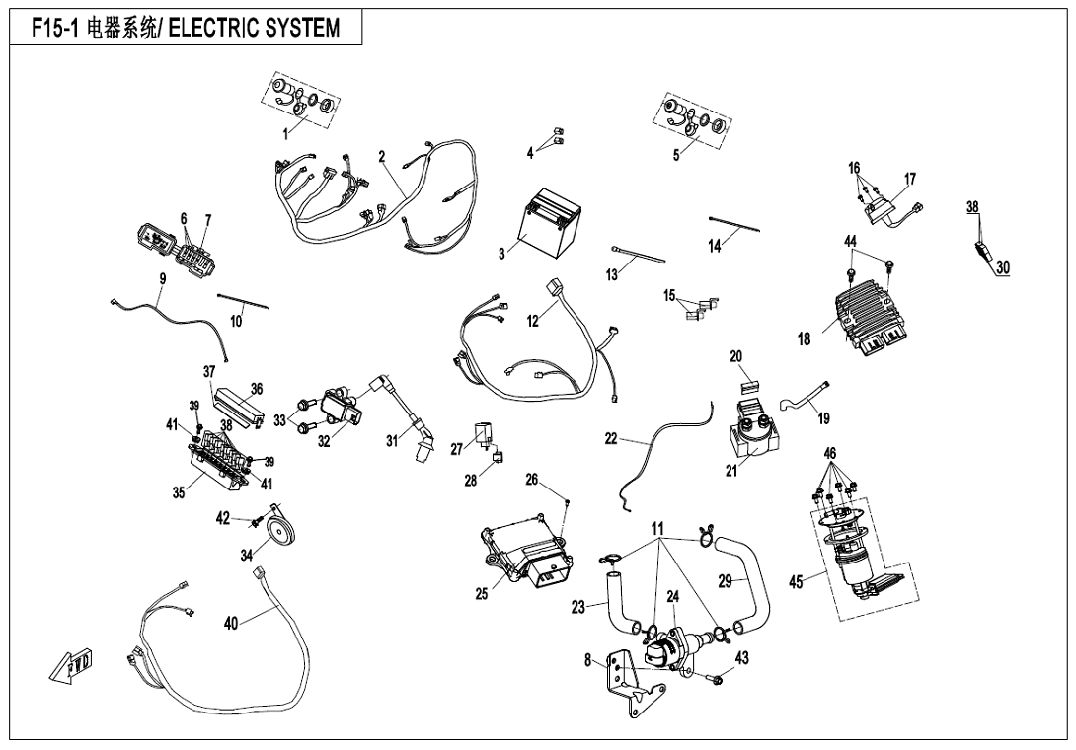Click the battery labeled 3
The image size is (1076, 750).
point(542,222)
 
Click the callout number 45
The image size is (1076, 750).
point(796,582)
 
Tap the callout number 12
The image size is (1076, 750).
point(533,321)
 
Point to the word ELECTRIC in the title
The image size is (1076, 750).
point(213,28)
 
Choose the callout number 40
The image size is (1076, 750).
point(230,623)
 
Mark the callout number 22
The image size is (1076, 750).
point(611,439)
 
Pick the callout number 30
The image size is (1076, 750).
point(1003,266)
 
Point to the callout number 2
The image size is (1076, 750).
point(382,156)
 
